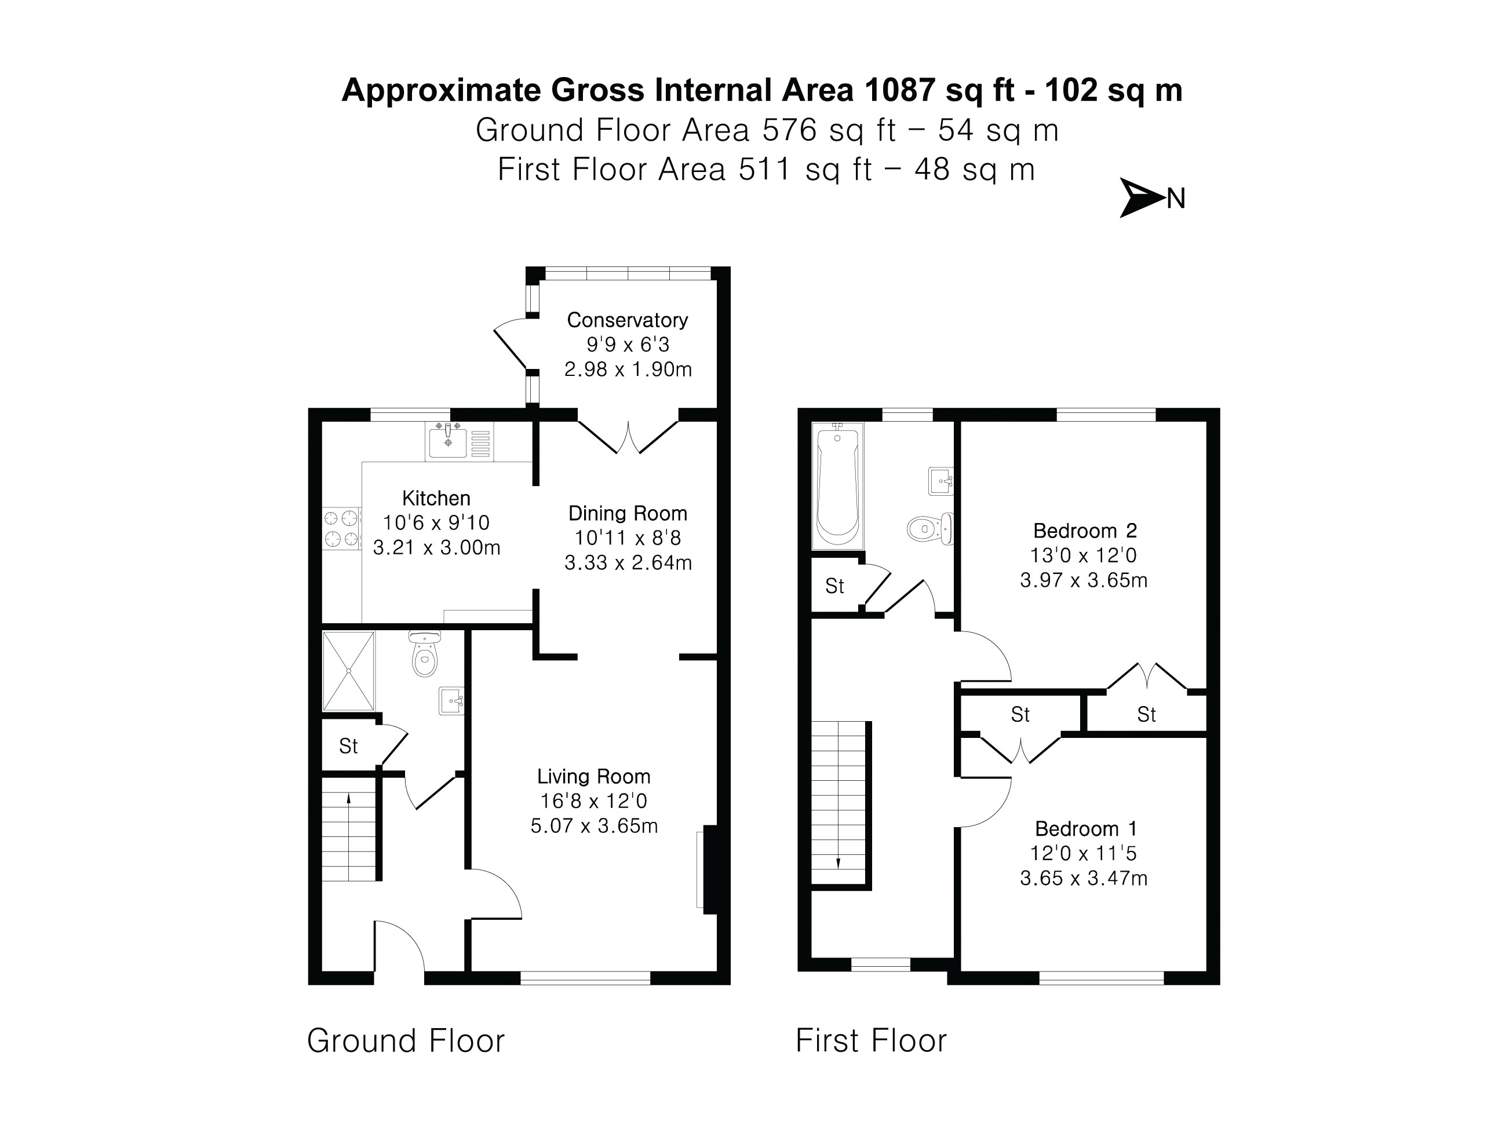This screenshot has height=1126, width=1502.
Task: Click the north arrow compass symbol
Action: tap(1142, 198)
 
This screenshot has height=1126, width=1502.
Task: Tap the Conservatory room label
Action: tap(627, 320)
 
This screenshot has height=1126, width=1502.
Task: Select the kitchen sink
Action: tap(448, 442)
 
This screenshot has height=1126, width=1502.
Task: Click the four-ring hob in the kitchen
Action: tap(341, 529)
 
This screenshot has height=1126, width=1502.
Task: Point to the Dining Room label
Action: tap(627, 513)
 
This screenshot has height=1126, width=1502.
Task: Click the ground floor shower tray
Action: tap(348, 670)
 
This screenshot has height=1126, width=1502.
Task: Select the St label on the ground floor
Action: tap(348, 747)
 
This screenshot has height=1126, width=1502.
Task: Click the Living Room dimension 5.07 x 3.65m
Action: tap(593, 826)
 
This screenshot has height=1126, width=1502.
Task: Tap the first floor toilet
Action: tap(928, 529)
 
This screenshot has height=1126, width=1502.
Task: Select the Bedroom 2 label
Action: tap(1084, 530)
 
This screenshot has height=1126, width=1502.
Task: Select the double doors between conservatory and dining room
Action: tap(628, 438)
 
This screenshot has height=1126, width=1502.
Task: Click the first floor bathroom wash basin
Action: tap(940, 481)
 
